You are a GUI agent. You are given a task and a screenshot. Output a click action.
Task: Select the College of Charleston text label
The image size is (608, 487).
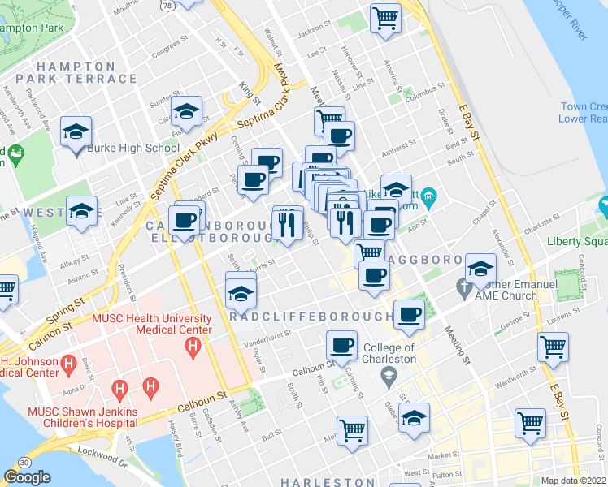click(x=389, y=353)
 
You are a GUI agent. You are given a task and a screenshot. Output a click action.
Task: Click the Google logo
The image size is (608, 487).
click(x=28, y=477)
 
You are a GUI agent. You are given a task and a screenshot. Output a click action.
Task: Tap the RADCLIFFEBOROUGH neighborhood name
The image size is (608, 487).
click(x=311, y=317)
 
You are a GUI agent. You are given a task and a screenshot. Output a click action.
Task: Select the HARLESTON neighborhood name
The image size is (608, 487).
click(x=328, y=482)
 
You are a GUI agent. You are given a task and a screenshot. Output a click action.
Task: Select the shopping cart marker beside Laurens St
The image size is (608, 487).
click(x=553, y=346)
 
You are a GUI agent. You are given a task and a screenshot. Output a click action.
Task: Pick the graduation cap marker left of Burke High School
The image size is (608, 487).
click(x=76, y=131)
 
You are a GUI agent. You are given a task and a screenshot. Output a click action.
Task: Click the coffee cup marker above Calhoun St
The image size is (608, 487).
click(x=341, y=345)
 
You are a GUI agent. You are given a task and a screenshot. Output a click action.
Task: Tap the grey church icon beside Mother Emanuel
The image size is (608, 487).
click(x=464, y=287)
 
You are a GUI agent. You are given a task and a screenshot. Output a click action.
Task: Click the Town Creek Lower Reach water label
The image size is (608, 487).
click(x=584, y=112)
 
